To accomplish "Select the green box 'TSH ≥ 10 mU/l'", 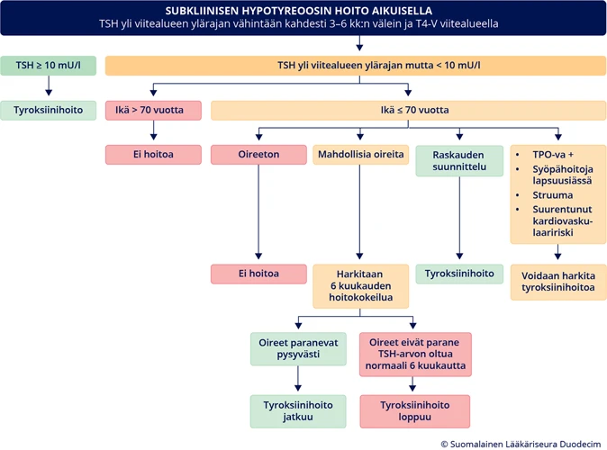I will click(x=49, y=66).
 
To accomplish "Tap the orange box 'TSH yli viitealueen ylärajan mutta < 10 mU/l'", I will click(x=356, y=66).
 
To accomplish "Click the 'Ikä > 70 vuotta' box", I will click(x=153, y=111).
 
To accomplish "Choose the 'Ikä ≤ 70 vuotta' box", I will click(x=408, y=111).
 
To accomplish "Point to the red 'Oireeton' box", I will click(x=258, y=155).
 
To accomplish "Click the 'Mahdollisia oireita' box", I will click(x=360, y=155).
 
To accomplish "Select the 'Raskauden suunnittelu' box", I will click(x=459, y=161).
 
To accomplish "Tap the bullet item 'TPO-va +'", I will click(x=553, y=154).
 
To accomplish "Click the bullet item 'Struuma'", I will click(x=551, y=194).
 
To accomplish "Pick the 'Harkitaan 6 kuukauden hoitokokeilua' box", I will click(x=360, y=286).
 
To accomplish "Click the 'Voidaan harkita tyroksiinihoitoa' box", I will click(x=558, y=282).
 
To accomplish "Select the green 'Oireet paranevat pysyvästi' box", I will click(x=297, y=349).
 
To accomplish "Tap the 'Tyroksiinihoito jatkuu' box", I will click(x=297, y=411).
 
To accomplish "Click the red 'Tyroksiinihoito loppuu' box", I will click(x=414, y=411).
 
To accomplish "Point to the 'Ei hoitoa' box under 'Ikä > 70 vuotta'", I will click(x=153, y=155).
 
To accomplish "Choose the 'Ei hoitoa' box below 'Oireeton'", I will click(x=258, y=274).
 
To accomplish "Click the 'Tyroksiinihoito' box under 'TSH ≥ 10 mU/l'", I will click(x=49, y=111).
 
